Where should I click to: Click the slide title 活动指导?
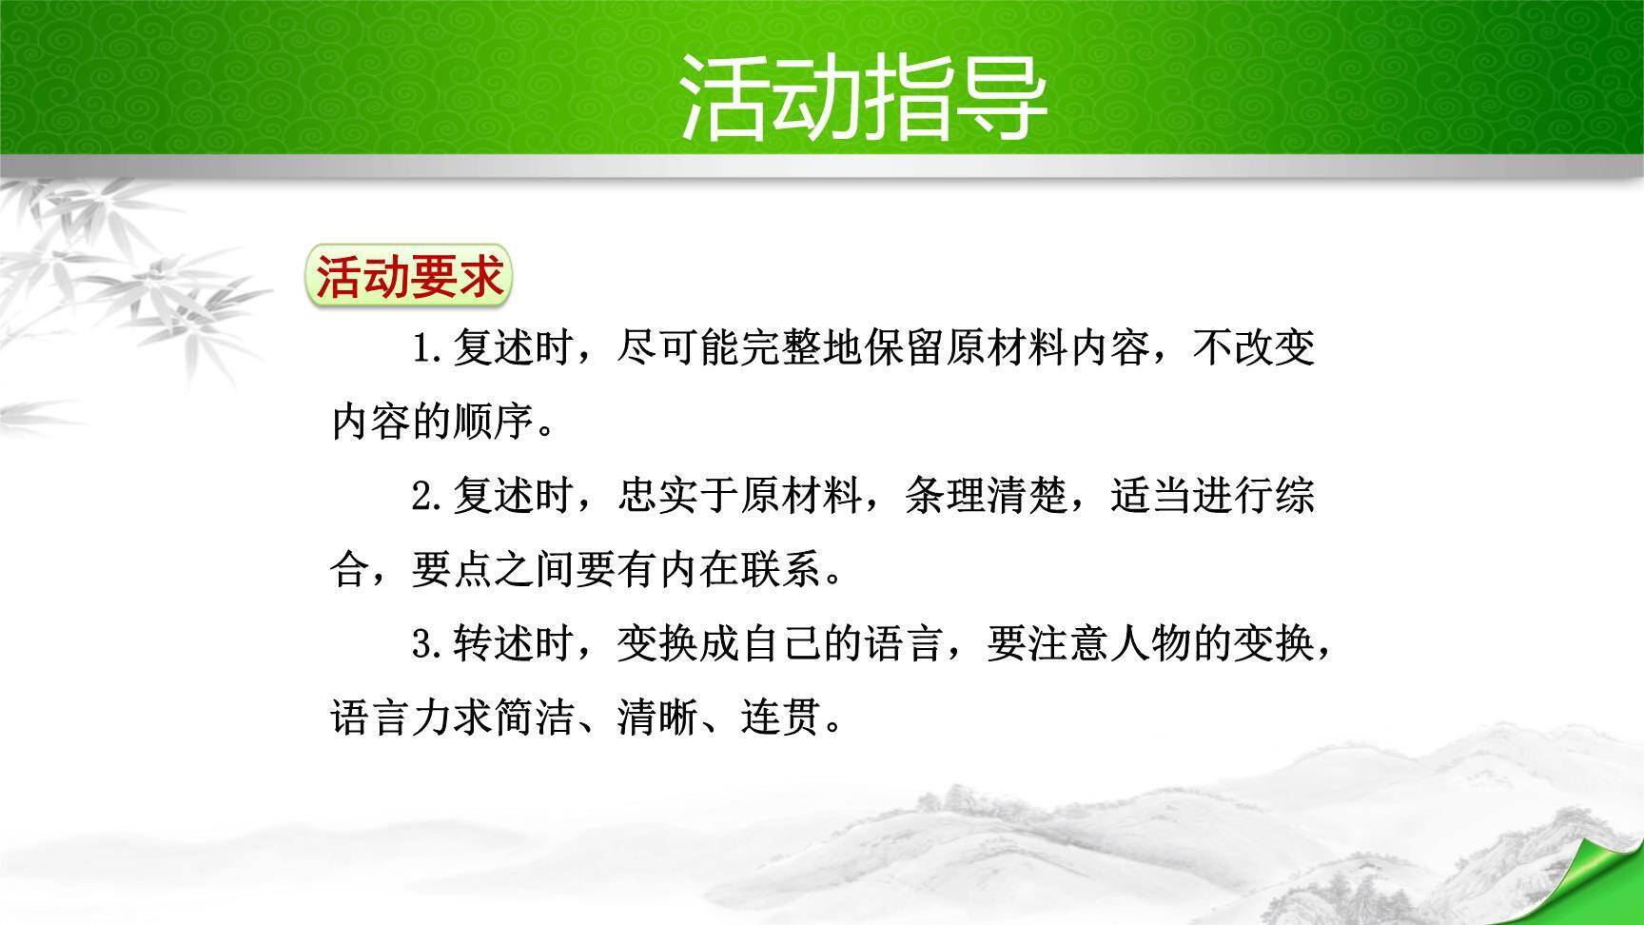pos(863,96)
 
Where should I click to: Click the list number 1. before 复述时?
pos(429,349)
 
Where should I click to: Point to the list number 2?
pos(429,497)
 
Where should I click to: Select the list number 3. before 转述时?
pos(429,645)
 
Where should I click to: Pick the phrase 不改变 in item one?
pos(1254,349)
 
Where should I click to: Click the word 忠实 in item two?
pos(658,497)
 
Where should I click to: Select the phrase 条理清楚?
pos(986,497)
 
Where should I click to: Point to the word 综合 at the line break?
pos(1295,497)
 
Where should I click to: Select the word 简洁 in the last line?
pos(534,718)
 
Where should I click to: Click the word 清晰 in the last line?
pos(658,718)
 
